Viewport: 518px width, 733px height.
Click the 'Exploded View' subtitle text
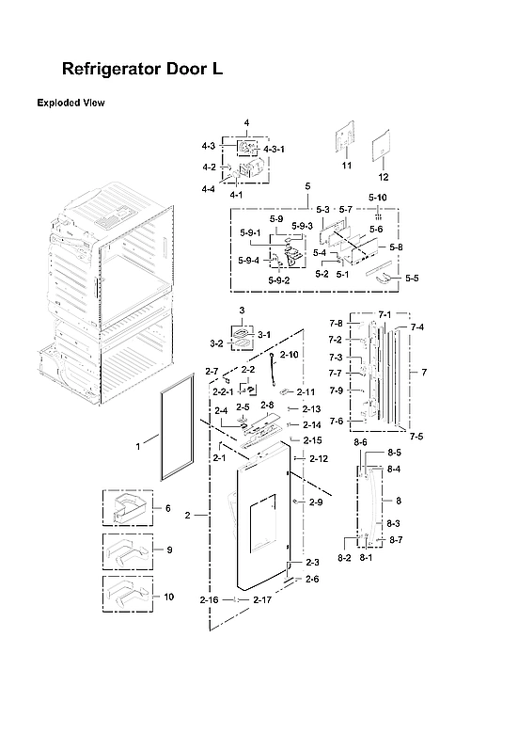[71, 102]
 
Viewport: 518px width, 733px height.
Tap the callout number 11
[346, 166]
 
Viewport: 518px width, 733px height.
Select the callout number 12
[383, 177]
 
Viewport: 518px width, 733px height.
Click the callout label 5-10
[377, 197]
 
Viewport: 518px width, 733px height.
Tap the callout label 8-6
[360, 442]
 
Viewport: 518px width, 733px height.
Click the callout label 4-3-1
[274, 149]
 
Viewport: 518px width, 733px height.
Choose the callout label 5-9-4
[249, 261]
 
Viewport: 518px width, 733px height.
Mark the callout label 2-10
[290, 355]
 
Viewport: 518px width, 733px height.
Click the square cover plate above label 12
[383, 149]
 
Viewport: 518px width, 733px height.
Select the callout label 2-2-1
[223, 390]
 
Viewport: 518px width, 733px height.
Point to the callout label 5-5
[412, 279]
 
